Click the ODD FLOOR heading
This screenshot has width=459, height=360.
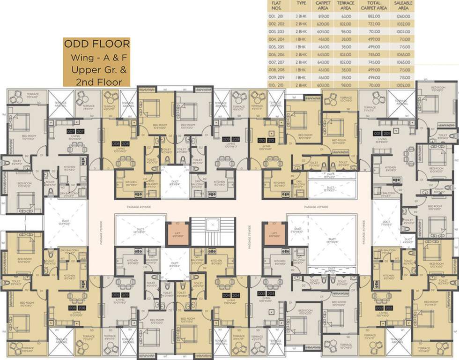97,45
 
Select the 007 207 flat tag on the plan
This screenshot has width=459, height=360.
75,131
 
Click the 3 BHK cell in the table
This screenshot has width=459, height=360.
301,16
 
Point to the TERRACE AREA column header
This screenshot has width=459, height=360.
346,5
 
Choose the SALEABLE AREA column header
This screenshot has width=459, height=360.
403,5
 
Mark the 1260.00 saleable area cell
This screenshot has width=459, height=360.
403,16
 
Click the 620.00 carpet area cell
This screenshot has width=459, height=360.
323,24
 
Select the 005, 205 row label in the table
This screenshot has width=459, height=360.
278,47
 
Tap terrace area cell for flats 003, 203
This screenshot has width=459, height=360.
346,31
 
